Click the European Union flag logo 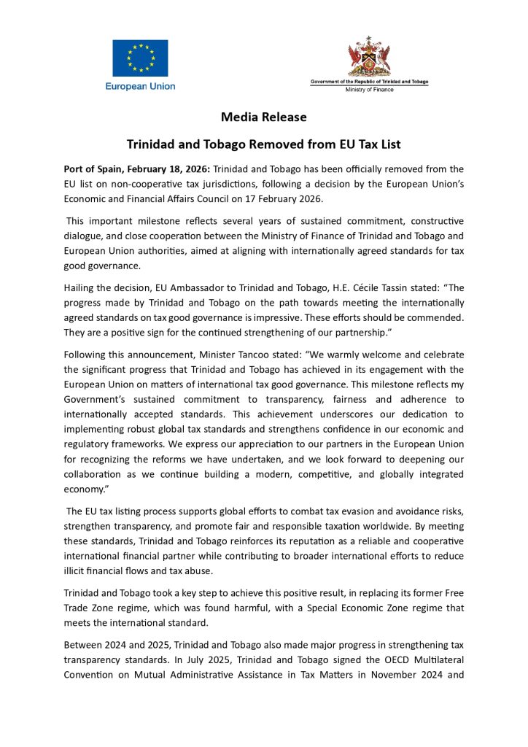[x=140, y=58]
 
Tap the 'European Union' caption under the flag [x=140, y=86]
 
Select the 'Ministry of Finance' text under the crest [x=369, y=90]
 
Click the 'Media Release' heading [x=264, y=117]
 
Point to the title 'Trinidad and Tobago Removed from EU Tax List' [x=264, y=144]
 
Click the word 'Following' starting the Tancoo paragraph [x=85, y=355]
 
